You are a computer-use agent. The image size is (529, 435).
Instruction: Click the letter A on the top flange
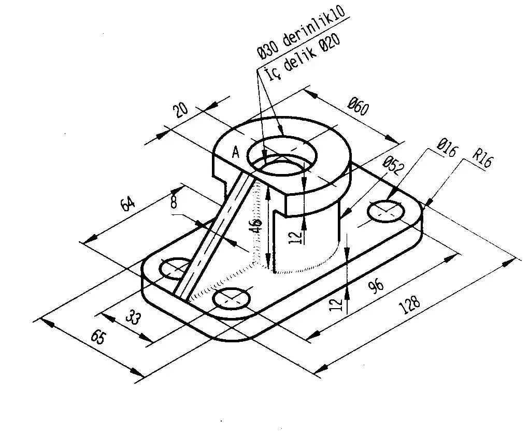point(236,152)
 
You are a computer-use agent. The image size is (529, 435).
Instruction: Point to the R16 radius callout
point(482,161)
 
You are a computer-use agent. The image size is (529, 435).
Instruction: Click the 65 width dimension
point(98,337)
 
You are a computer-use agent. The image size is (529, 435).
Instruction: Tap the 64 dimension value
point(127,204)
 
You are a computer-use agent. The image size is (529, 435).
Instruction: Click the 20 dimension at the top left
point(181,112)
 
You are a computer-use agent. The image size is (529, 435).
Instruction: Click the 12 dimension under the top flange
point(295,237)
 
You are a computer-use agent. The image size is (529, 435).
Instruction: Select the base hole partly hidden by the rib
point(174,268)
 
